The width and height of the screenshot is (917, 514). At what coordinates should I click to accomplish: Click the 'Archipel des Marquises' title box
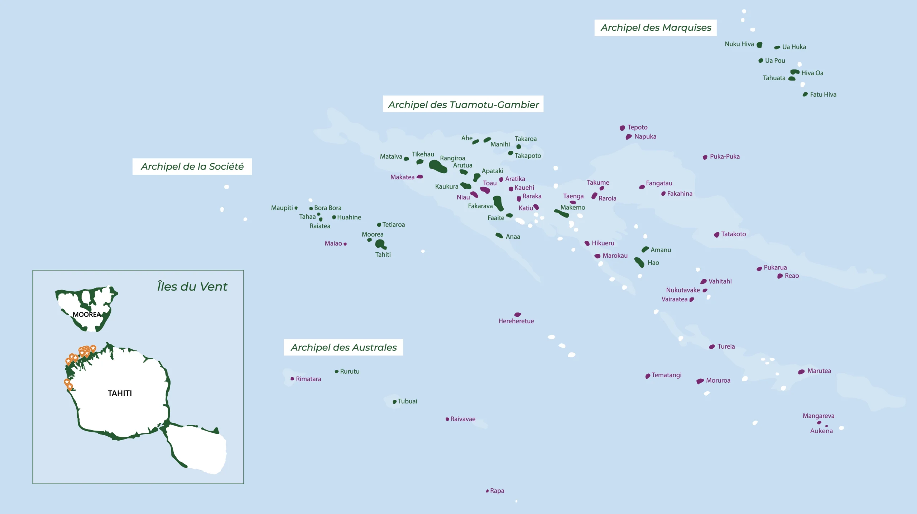click(x=656, y=28)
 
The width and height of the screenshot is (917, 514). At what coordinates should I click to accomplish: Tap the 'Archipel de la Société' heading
click(x=192, y=166)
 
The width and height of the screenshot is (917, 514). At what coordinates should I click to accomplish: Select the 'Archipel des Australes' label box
click(x=343, y=347)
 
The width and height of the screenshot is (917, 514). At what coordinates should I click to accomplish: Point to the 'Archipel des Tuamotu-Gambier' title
click(x=463, y=104)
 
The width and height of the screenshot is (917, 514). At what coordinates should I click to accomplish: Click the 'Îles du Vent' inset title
click(x=192, y=286)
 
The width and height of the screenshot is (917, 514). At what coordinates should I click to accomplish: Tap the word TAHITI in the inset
click(x=120, y=393)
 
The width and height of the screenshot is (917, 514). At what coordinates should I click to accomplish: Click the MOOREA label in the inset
click(x=86, y=314)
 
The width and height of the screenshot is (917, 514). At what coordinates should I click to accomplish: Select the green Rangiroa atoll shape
click(x=437, y=166)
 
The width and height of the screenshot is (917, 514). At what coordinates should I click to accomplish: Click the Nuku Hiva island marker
click(x=759, y=45)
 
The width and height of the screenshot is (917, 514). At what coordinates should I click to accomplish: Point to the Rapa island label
click(x=497, y=491)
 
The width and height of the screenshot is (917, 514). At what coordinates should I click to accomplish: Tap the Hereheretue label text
click(x=516, y=321)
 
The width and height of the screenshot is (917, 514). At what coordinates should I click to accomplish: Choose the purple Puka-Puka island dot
click(x=705, y=157)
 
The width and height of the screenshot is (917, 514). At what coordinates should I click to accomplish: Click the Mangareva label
click(x=818, y=416)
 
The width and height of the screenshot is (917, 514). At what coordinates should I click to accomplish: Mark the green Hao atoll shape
click(x=639, y=262)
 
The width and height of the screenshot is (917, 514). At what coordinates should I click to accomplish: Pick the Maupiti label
click(x=282, y=208)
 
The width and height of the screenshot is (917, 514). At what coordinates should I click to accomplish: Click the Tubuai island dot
click(x=394, y=402)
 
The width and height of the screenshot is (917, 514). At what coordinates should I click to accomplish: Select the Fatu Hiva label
click(x=823, y=94)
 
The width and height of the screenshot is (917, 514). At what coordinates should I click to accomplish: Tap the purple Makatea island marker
click(x=420, y=176)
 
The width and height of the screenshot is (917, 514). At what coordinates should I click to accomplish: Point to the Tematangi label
click(x=666, y=375)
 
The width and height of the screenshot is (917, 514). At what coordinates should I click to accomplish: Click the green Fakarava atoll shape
click(x=498, y=203)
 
